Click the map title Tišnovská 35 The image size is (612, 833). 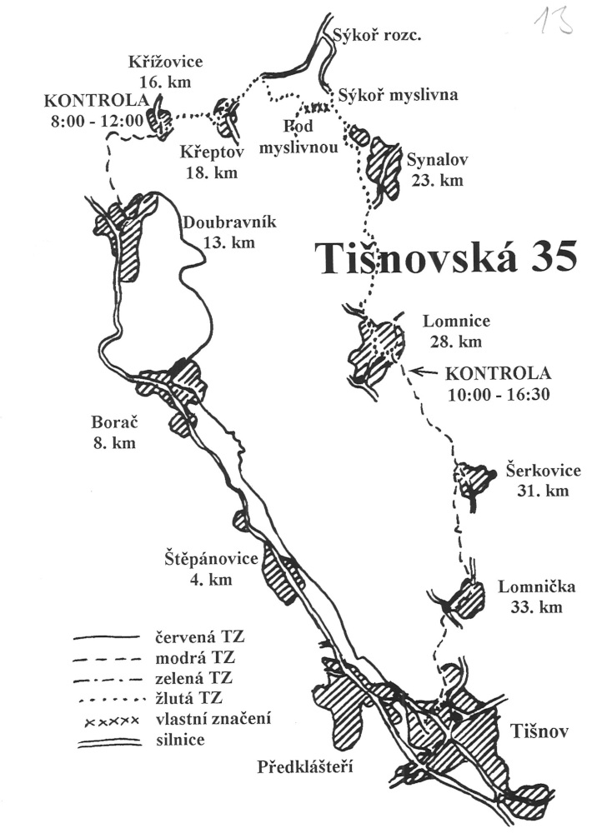point(445,258)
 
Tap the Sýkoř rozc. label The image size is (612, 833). point(377,36)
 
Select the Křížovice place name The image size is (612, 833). point(165,62)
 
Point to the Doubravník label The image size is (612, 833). point(229,222)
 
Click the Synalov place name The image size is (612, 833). point(438,159)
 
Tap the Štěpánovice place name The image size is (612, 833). point(211,558)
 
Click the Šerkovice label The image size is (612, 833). point(543,470)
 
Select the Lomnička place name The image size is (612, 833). point(536,586)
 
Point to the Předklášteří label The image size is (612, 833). point(305,767)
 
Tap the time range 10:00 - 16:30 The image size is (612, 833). point(499,394)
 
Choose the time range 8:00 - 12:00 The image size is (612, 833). point(98,121)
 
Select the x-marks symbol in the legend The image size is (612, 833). point(113,721)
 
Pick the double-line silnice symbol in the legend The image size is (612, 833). point(109,742)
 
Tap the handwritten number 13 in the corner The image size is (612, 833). point(554,20)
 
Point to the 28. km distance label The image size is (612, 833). point(456,341)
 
